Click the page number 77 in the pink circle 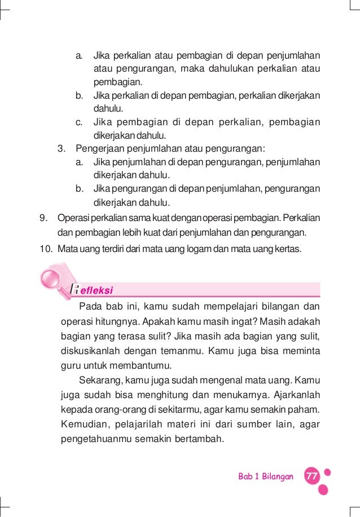click(x=310, y=476)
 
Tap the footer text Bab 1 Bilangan click(x=266, y=476)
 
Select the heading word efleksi click(x=96, y=291)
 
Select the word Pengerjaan click(x=99, y=149)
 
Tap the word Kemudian click(x=85, y=422)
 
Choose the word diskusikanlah click(x=90, y=351)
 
